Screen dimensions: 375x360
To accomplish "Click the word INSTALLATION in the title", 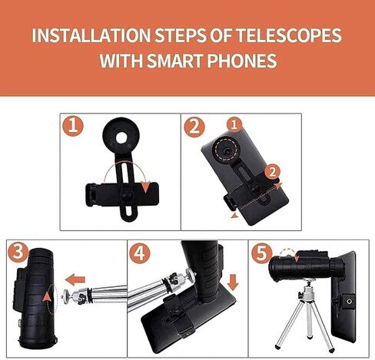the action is click(x=91, y=35).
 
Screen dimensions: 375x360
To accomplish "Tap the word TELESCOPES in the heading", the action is click(x=289, y=35).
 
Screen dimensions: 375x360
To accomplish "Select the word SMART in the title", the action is click(x=175, y=61).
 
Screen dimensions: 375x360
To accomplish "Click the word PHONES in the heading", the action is click(x=242, y=61).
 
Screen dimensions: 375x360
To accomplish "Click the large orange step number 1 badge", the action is click(x=73, y=126).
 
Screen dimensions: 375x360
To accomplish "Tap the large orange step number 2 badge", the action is click(x=194, y=127).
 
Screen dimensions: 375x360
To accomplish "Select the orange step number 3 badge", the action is click(x=18, y=252).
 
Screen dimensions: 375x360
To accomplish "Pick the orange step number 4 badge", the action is click(x=140, y=253).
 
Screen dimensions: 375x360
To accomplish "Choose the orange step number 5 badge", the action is click(x=261, y=253).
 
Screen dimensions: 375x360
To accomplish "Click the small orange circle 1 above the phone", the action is click(x=234, y=124).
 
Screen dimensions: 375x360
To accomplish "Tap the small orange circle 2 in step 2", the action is click(x=273, y=172).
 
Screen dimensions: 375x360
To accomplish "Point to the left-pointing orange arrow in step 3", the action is click(x=75, y=279).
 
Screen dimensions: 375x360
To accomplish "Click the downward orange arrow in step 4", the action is click(x=233, y=282).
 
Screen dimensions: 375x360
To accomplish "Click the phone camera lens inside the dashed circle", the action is click(x=226, y=151).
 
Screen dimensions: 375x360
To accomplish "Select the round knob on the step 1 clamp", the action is click(x=127, y=195).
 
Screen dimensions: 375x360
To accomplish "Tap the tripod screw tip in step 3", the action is click(x=63, y=296).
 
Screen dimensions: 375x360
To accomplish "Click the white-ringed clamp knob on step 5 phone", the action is click(x=349, y=302).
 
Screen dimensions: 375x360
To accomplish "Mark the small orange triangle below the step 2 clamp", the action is click(x=234, y=216).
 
